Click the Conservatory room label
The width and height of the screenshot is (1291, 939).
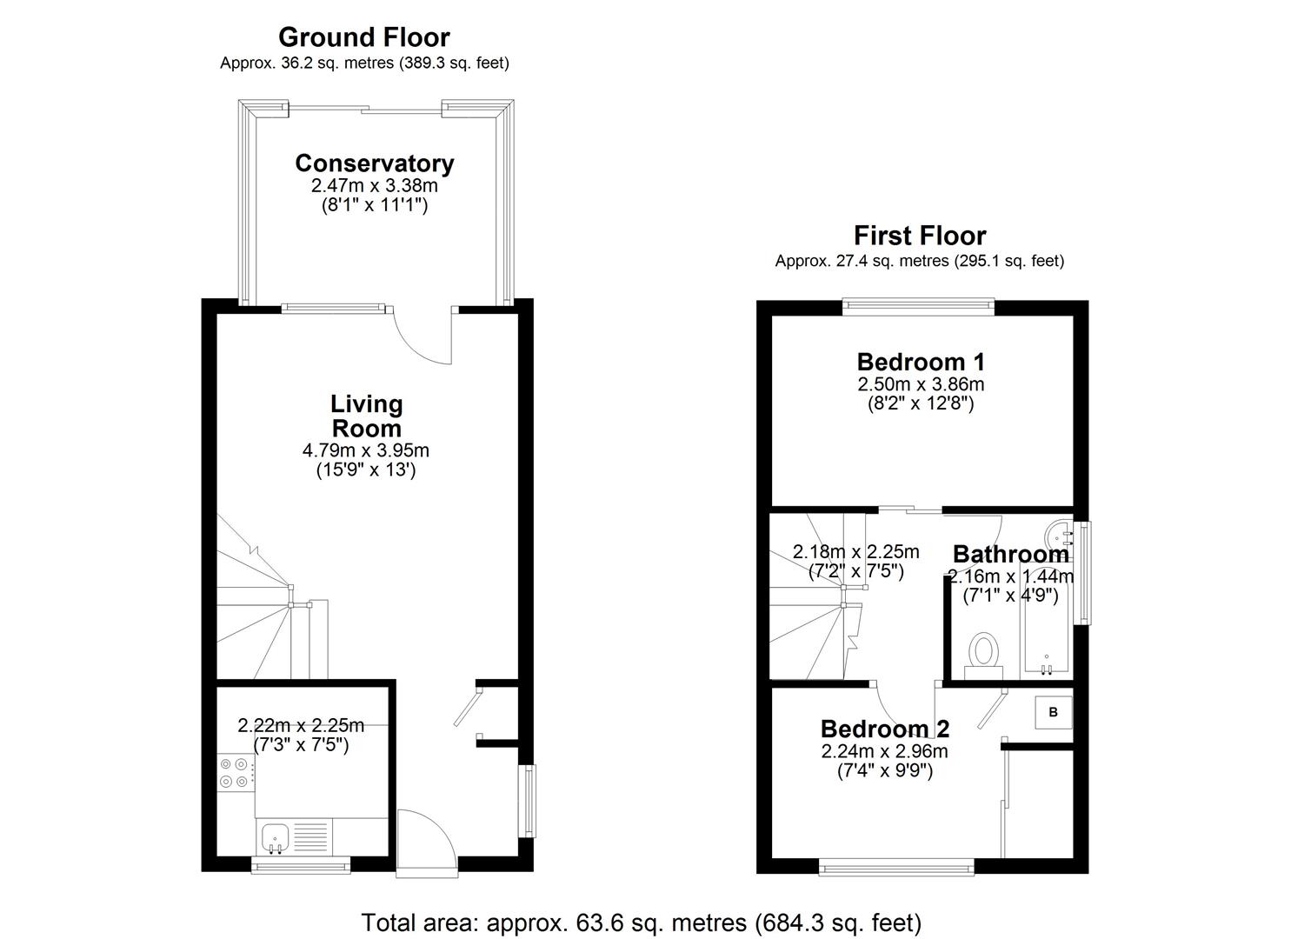click(374, 163)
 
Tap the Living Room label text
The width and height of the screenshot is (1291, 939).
click(365, 416)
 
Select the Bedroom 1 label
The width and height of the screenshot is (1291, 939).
click(921, 362)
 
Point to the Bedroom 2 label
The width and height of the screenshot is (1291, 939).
click(885, 729)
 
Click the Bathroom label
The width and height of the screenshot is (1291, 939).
click(1010, 554)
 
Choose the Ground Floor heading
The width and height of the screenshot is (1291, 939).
click(363, 37)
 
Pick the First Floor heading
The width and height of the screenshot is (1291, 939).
click(919, 236)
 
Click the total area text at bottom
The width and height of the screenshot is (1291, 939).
click(641, 922)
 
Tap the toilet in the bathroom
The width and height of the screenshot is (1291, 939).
click(984, 653)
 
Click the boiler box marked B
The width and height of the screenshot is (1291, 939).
click(1053, 712)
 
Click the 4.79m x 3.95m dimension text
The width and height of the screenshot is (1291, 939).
click(365, 450)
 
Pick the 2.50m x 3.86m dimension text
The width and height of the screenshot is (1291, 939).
click(921, 384)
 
